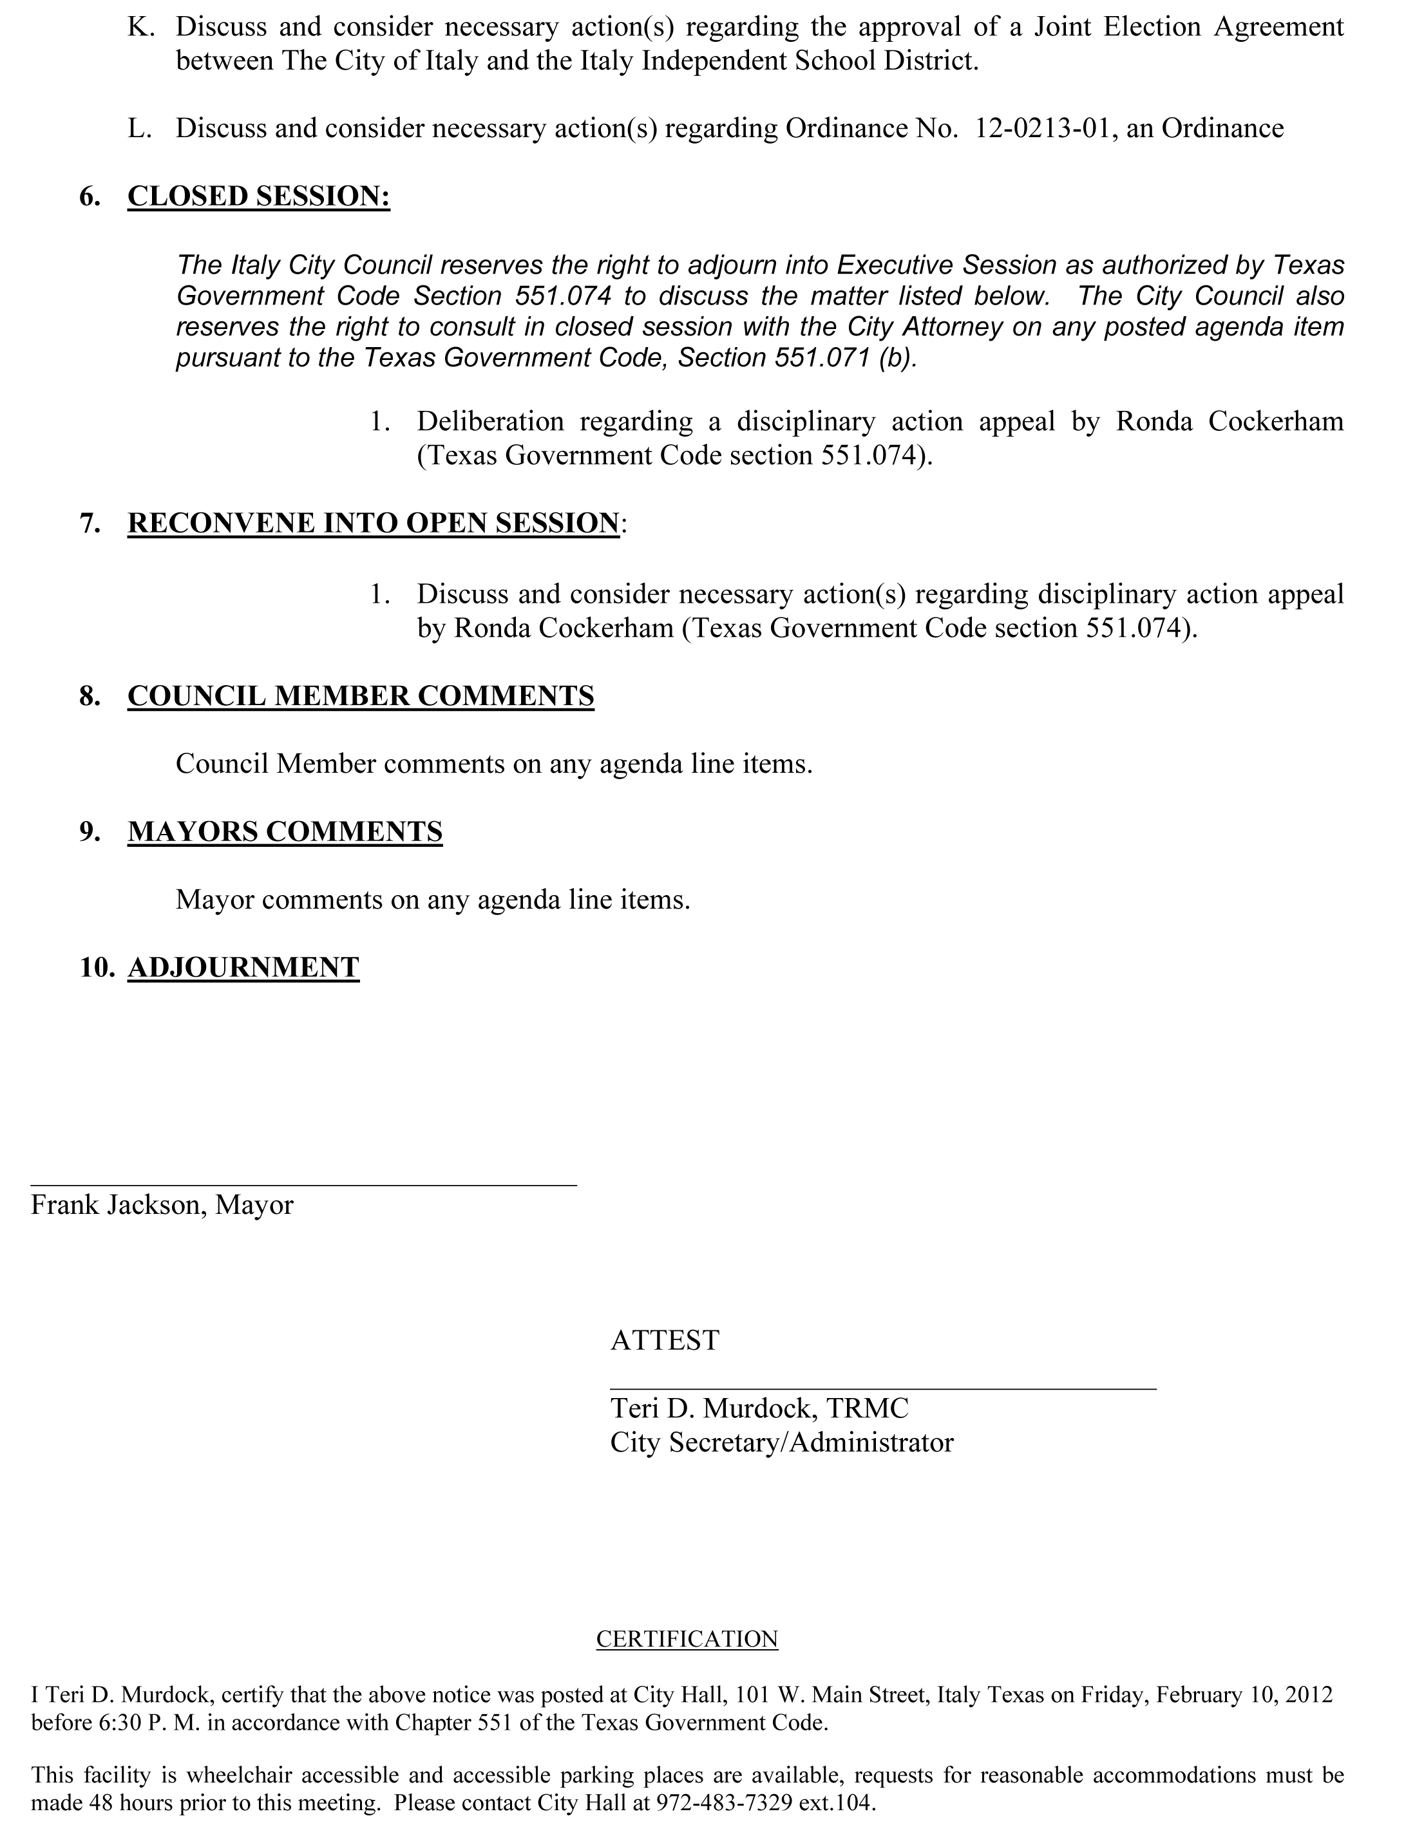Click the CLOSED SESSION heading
[x=258, y=196]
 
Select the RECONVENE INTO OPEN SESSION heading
[x=374, y=523]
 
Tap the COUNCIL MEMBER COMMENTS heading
[x=360, y=696]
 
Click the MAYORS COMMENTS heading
[x=285, y=831]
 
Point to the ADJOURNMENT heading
[x=243, y=967]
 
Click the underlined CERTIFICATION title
[x=687, y=1639]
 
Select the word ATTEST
[x=665, y=1340]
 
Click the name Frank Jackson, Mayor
[x=162, y=1205]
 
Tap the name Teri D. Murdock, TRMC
[x=759, y=1408]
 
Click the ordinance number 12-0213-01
[x=1043, y=129]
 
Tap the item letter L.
[x=138, y=129]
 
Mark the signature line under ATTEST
[x=882, y=1388]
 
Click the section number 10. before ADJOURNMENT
[x=96, y=967]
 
